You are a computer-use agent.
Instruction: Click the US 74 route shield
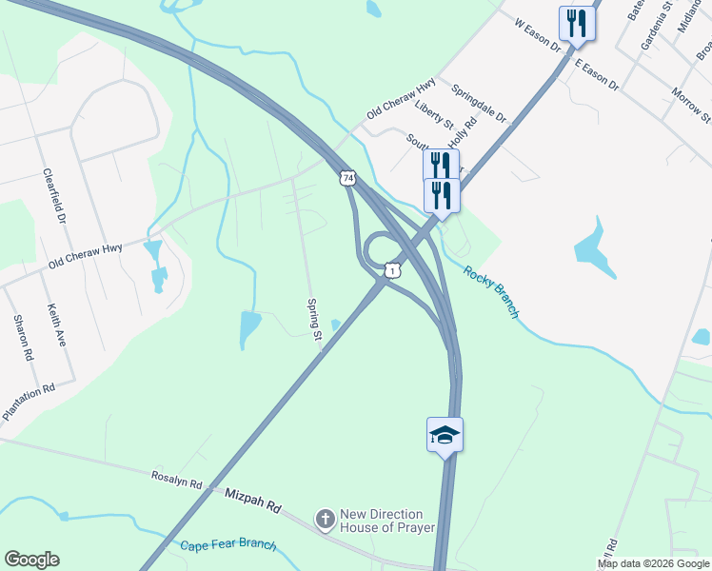[348, 178]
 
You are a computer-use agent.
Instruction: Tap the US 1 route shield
[390, 271]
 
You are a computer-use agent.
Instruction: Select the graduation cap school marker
[445, 436]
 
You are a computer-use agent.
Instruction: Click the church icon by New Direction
[325, 520]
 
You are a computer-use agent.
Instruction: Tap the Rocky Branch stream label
[491, 290]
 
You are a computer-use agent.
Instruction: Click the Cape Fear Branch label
[228, 546]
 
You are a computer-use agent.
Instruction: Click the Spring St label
[313, 315]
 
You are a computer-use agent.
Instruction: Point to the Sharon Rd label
[23, 338]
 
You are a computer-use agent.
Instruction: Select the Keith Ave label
[57, 325]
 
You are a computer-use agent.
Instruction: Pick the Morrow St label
[691, 105]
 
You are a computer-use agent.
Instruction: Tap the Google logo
[31, 560]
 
